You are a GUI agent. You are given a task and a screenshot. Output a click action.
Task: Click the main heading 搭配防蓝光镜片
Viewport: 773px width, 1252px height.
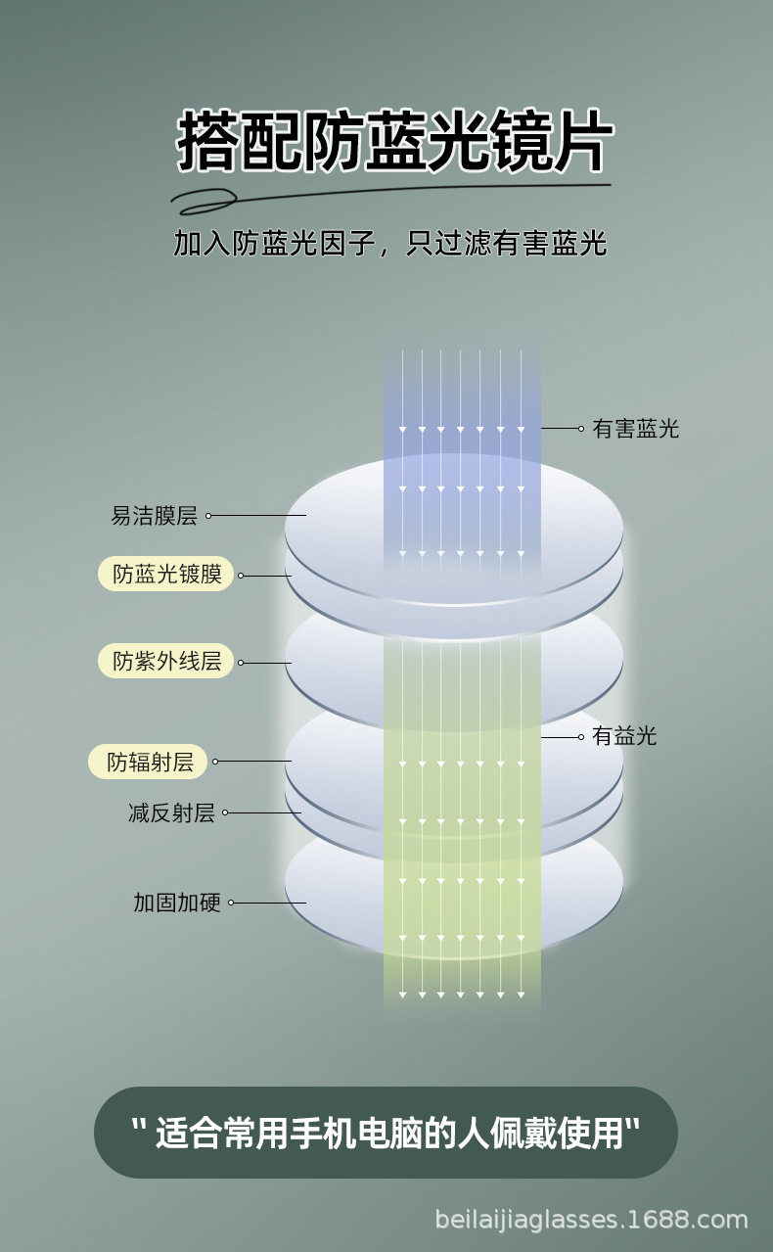pos(394,144)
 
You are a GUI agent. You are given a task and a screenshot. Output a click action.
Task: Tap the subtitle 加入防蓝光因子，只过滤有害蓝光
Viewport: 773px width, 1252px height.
pos(389,244)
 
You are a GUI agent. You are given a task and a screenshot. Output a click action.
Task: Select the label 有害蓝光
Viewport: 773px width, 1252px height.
pos(635,429)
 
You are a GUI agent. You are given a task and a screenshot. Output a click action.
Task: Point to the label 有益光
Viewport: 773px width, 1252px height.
pos(624,736)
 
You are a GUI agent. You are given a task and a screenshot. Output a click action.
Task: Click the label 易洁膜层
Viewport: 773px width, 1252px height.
pos(154,516)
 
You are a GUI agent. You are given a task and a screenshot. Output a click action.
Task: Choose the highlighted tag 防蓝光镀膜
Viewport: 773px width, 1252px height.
pos(166,575)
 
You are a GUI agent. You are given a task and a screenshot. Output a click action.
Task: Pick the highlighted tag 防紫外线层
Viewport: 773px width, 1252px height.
pos(166,661)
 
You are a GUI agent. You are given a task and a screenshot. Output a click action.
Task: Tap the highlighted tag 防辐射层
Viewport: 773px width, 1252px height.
pos(151,762)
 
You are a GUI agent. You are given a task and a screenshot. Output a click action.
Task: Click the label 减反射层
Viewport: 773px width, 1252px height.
pos(171,812)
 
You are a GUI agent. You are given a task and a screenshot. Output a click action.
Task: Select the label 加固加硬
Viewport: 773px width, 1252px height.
pos(177,903)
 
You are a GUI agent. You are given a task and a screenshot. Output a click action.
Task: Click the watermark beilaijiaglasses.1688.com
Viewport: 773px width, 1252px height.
pos(591,1220)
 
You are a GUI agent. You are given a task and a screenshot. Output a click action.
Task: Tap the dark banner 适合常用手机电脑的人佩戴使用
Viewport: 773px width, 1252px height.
pos(386,1133)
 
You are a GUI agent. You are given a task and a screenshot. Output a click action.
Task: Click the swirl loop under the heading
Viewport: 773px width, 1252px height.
pos(209,201)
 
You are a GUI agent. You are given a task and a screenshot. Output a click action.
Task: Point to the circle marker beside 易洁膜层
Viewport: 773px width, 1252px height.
pos(208,516)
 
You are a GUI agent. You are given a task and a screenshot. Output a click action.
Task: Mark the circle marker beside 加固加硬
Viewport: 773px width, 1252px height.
pos(232,903)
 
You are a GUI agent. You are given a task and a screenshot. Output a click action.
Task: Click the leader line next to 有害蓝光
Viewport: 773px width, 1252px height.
pos(562,429)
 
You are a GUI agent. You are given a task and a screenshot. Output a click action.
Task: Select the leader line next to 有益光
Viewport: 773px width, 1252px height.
pos(562,736)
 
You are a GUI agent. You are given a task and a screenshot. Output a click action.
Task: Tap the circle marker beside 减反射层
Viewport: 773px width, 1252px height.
pos(225,812)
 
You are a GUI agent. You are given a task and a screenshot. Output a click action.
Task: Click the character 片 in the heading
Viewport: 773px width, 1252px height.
pos(584,144)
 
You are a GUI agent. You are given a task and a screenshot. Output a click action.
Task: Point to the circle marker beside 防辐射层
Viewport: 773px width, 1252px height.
pos(215,762)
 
